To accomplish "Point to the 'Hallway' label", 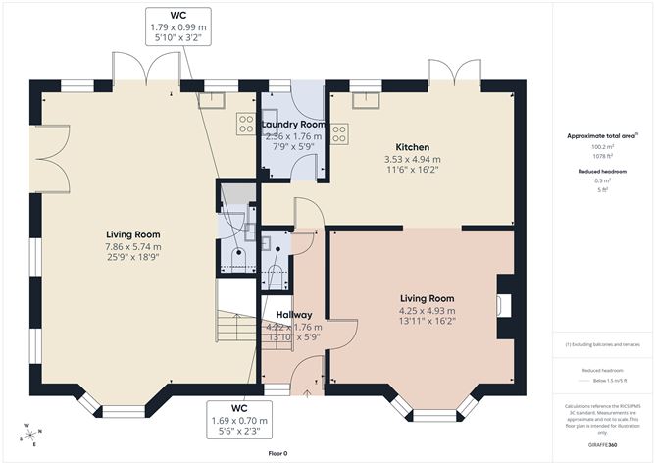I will point(293,314).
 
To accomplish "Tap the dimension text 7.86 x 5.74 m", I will point(133,246).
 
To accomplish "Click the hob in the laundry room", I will point(244,124).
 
